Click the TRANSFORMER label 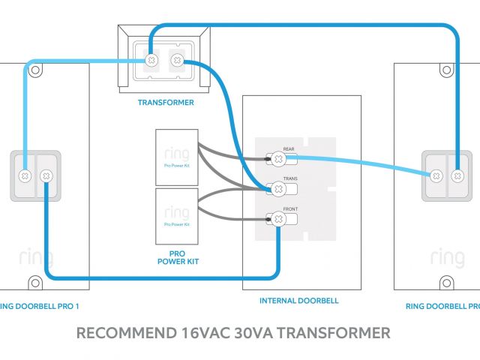pyautogui.click(x=166, y=102)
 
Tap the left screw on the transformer pyautogui.click(x=151, y=59)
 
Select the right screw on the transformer pyautogui.click(x=177, y=59)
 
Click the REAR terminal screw pyautogui.click(x=277, y=158)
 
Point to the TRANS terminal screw pyautogui.click(x=277, y=189)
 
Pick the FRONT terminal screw pyautogui.click(x=277, y=219)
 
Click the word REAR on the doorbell pyautogui.click(x=289, y=149)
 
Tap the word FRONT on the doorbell pyautogui.click(x=290, y=210)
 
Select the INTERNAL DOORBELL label pyautogui.click(x=298, y=301)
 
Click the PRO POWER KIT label pyautogui.click(x=176, y=257)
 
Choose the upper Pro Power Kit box pyautogui.click(x=176, y=157)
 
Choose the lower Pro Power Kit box pyautogui.click(x=176, y=217)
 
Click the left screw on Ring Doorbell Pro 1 pyautogui.click(x=25, y=175)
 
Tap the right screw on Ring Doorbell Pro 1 pyautogui.click(x=46, y=175)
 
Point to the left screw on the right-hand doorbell pyautogui.click(x=435, y=175)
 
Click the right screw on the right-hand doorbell pyautogui.click(x=456, y=175)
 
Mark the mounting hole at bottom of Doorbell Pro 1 pyautogui.click(x=34, y=283)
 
